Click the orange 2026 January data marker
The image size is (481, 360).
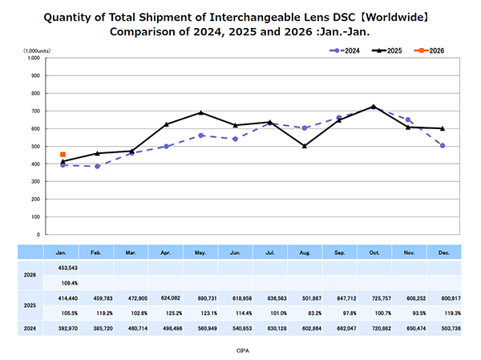pyautogui.click(x=63, y=154)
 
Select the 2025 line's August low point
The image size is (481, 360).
pyautogui.click(x=304, y=146)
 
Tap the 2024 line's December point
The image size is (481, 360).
pyautogui.click(x=442, y=145)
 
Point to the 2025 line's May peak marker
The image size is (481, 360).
pyautogui.click(x=200, y=112)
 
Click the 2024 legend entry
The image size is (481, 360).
pyautogui.click(x=346, y=51)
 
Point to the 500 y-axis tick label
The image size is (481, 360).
pyautogui.click(x=35, y=147)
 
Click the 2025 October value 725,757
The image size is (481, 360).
pyautogui.click(x=373, y=297)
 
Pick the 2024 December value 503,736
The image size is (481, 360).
pyautogui.click(x=442, y=327)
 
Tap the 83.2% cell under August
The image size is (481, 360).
pyautogui.click(x=304, y=312)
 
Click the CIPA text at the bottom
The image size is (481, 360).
pyautogui.click(x=240, y=350)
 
